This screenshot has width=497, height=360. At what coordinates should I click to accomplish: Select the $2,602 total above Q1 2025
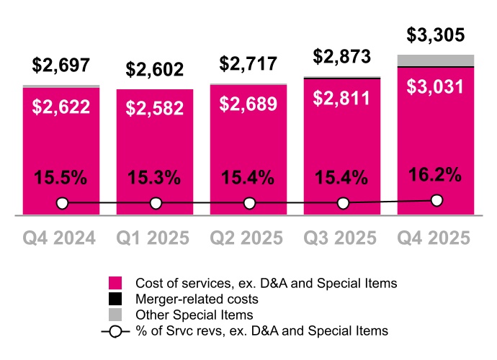click(155, 70)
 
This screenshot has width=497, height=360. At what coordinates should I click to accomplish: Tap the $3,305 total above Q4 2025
click(436, 35)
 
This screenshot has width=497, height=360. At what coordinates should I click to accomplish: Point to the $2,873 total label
click(342, 57)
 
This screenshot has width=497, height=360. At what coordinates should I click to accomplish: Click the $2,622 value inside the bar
click(61, 107)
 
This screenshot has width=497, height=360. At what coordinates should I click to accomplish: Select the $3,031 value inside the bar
click(436, 86)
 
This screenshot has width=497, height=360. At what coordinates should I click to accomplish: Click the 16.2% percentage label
click(436, 174)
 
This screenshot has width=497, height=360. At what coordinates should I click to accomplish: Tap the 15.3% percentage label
click(155, 178)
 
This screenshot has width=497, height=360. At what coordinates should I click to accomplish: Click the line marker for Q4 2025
click(436, 201)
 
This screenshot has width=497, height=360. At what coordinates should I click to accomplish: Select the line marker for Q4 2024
click(62, 204)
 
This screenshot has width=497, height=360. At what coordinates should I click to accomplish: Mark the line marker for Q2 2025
click(249, 204)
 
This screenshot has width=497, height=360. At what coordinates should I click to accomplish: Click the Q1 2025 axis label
click(155, 238)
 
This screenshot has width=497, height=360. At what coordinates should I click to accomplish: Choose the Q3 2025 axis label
click(342, 238)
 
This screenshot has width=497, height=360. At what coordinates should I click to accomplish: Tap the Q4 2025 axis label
click(436, 238)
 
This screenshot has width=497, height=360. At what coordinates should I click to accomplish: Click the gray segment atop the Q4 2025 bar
click(436, 60)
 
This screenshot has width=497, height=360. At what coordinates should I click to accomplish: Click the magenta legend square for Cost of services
click(115, 283)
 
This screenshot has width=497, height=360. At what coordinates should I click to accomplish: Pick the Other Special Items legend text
click(194, 315)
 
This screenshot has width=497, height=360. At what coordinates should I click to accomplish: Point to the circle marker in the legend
click(115, 331)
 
